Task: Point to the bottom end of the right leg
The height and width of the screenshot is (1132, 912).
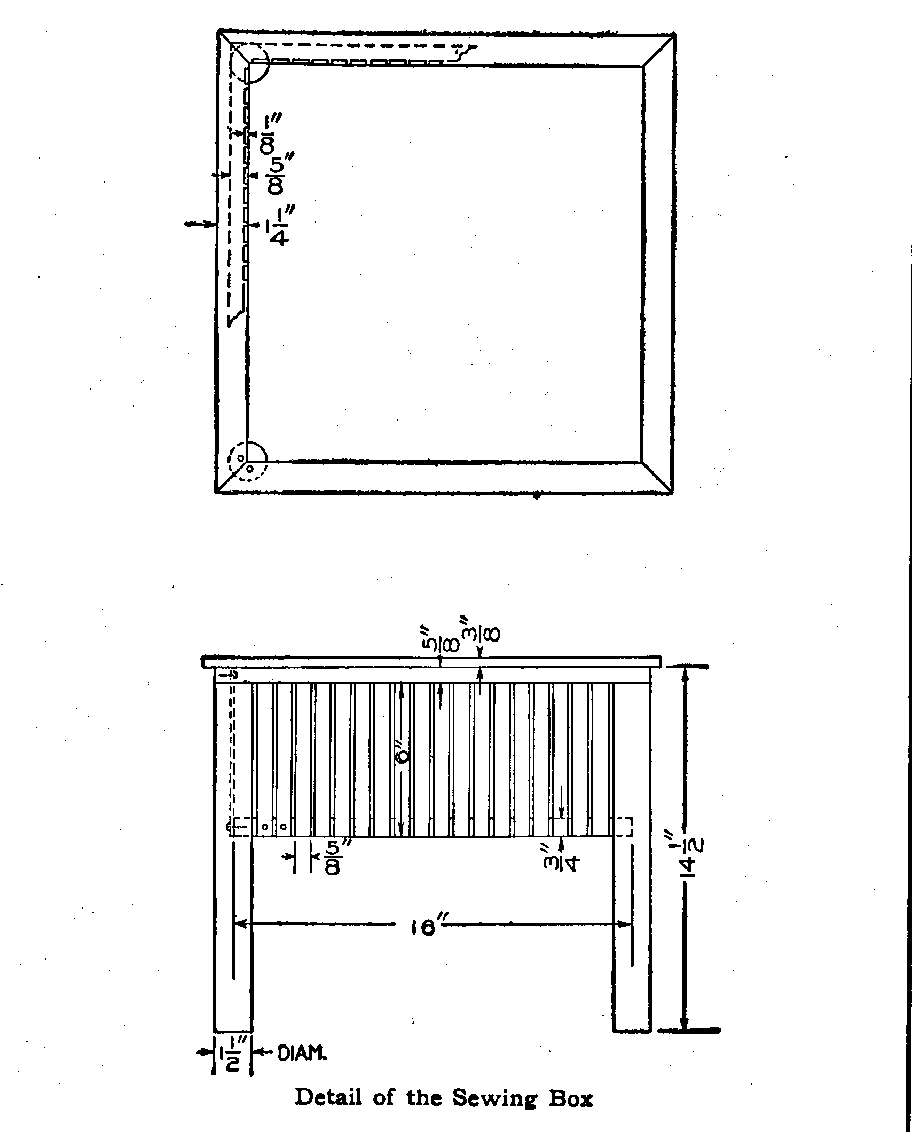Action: pos(632,1030)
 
